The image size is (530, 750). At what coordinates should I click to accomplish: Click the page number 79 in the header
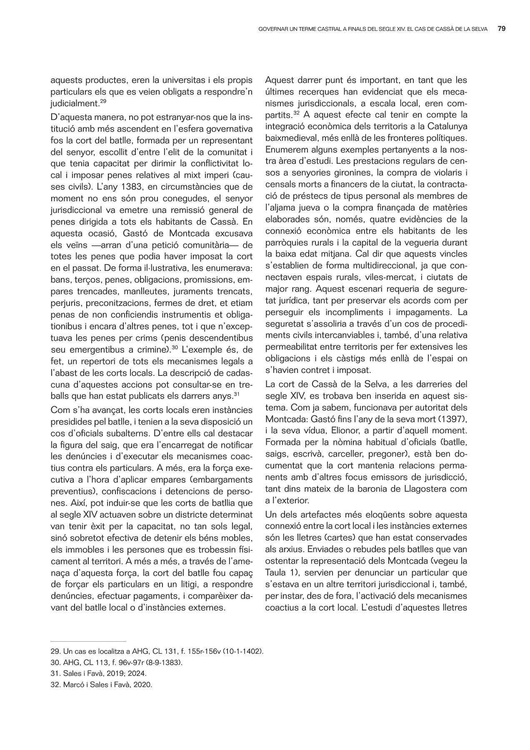(502, 29)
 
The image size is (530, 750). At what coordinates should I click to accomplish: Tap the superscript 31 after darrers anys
(235, 393)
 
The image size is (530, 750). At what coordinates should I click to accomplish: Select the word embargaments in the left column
(226, 480)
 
